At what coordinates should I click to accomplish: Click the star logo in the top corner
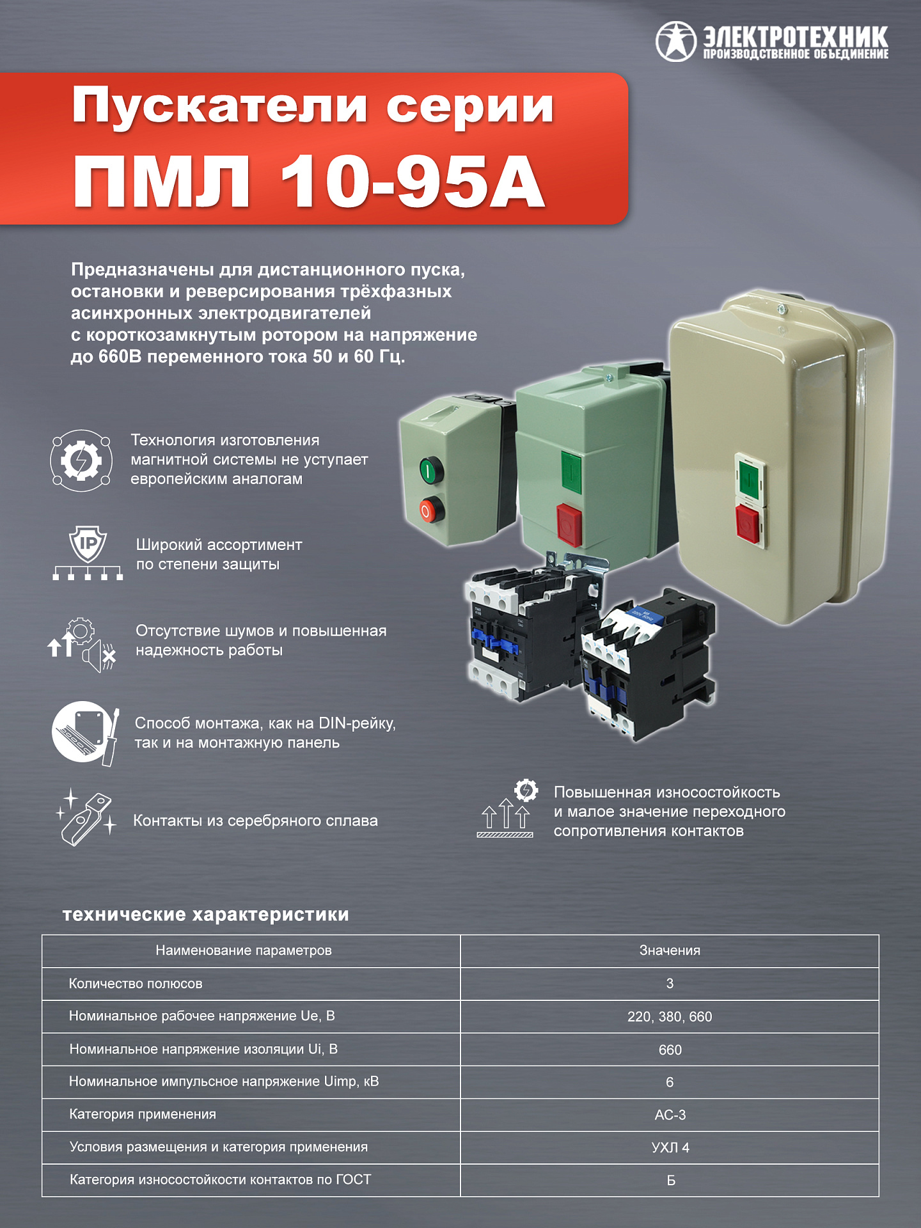675,42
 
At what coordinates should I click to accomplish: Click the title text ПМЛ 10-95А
309,182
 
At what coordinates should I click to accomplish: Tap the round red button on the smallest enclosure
430,510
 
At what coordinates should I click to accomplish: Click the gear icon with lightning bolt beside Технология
81,460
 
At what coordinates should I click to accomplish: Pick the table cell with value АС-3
670,1115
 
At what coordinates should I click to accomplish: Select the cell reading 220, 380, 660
670,1016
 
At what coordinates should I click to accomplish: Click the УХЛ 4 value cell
670,1147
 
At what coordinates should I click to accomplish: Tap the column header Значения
670,950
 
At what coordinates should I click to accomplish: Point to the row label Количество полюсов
136,984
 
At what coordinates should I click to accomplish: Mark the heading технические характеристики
206,915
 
